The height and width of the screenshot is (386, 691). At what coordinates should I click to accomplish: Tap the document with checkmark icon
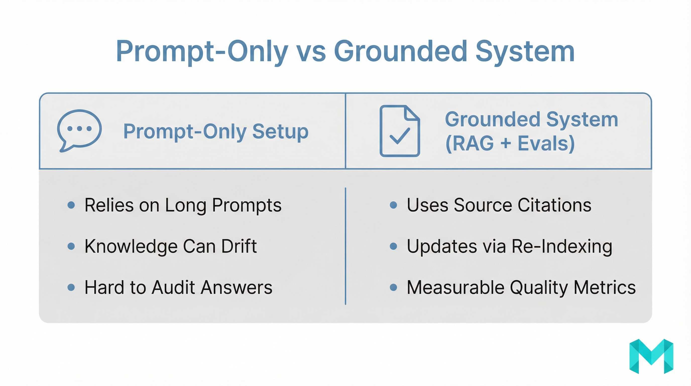tap(400, 131)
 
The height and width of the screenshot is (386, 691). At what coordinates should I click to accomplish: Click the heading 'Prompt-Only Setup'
tap(216, 131)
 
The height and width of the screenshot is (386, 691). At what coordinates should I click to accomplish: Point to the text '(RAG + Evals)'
tap(510, 143)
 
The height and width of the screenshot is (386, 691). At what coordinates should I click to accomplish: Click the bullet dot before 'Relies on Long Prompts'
tap(71, 205)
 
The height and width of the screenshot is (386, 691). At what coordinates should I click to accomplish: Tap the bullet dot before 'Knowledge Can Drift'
tap(71, 246)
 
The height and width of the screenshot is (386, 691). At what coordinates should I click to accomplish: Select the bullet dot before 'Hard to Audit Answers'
tap(71, 287)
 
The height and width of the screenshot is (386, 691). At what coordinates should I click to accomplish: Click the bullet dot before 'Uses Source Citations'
tap(393, 205)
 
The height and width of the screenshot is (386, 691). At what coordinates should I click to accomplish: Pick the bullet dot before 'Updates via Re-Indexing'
tap(393, 246)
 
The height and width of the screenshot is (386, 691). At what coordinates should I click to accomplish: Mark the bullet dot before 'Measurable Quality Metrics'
tap(393, 287)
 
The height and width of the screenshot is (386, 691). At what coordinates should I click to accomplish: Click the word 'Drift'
tap(239, 246)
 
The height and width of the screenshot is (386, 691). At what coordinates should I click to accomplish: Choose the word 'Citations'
tap(554, 205)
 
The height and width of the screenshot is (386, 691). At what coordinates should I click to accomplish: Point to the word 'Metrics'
tap(605, 287)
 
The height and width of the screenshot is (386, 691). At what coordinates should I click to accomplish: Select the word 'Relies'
tap(109, 205)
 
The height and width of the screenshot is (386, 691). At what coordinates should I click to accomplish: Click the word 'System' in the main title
tap(525, 52)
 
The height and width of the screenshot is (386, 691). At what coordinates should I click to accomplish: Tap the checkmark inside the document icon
tap(400, 135)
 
